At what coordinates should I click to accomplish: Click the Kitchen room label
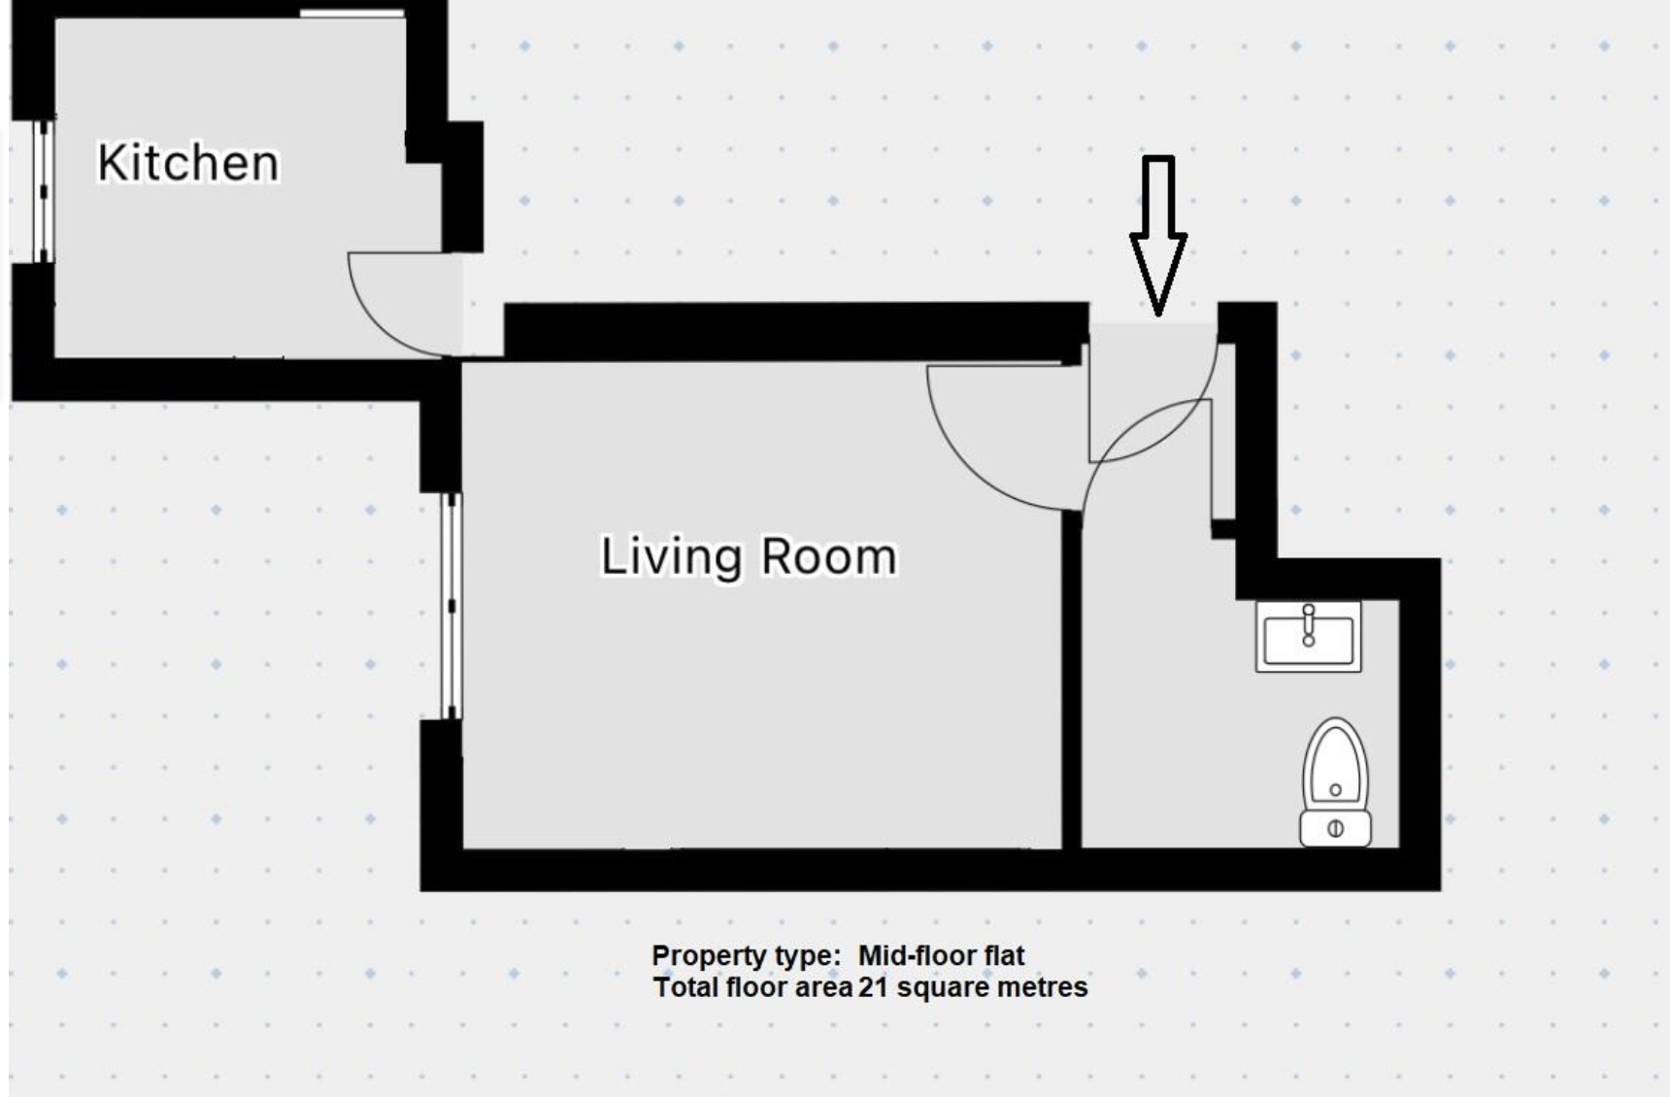(x=188, y=163)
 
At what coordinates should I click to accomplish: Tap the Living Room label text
(x=749, y=557)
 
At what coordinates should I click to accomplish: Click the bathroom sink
(x=1308, y=637)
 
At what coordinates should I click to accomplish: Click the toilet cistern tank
(x=1335, y=829)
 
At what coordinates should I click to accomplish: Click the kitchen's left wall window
(x=43, y=191)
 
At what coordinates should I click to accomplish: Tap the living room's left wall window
(x=451, y=606)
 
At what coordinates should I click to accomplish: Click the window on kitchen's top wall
(x=351, y=14)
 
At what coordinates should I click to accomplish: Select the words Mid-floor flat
(x=941, y=955)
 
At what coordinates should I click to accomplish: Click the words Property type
(x=745, y=955)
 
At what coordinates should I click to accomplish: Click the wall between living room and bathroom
(x=1071, y=680)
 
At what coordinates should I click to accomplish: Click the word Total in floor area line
(x=684, y=987)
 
